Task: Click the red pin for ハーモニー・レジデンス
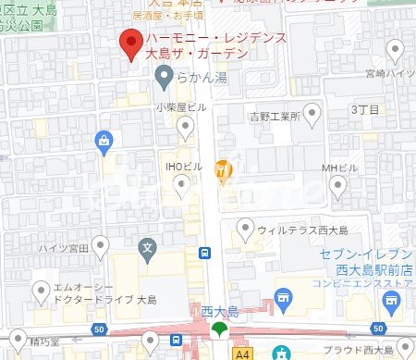coord(131,43)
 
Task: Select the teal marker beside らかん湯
coord(165,81)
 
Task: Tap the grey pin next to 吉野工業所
coord(312,115)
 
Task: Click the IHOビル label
coord(184,167)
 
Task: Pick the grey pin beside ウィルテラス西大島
coord(245,226)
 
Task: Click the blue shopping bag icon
coord(104,141)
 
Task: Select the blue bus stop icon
coord(204,253)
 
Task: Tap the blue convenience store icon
coord(393,298)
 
